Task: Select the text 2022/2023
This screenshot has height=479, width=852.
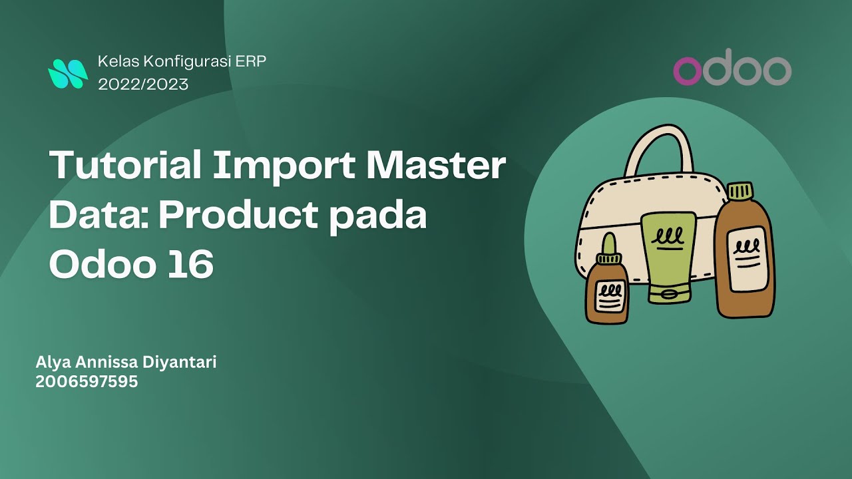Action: coord(143,84)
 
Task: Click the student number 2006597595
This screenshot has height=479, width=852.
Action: coord(87,382)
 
